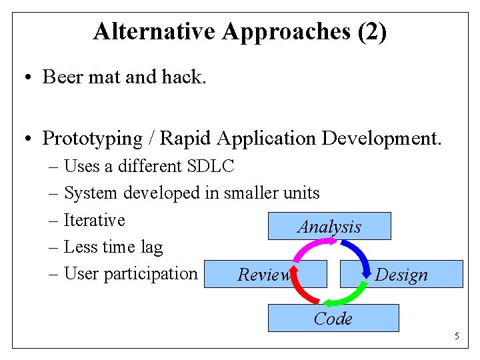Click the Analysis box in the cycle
[x=329, y=227]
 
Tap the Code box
[x=333, y=319]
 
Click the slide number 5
[x=457, y=336]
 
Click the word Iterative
[x=94, y=220]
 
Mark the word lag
[x=151, y=247]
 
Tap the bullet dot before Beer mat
[x=25, y=77]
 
